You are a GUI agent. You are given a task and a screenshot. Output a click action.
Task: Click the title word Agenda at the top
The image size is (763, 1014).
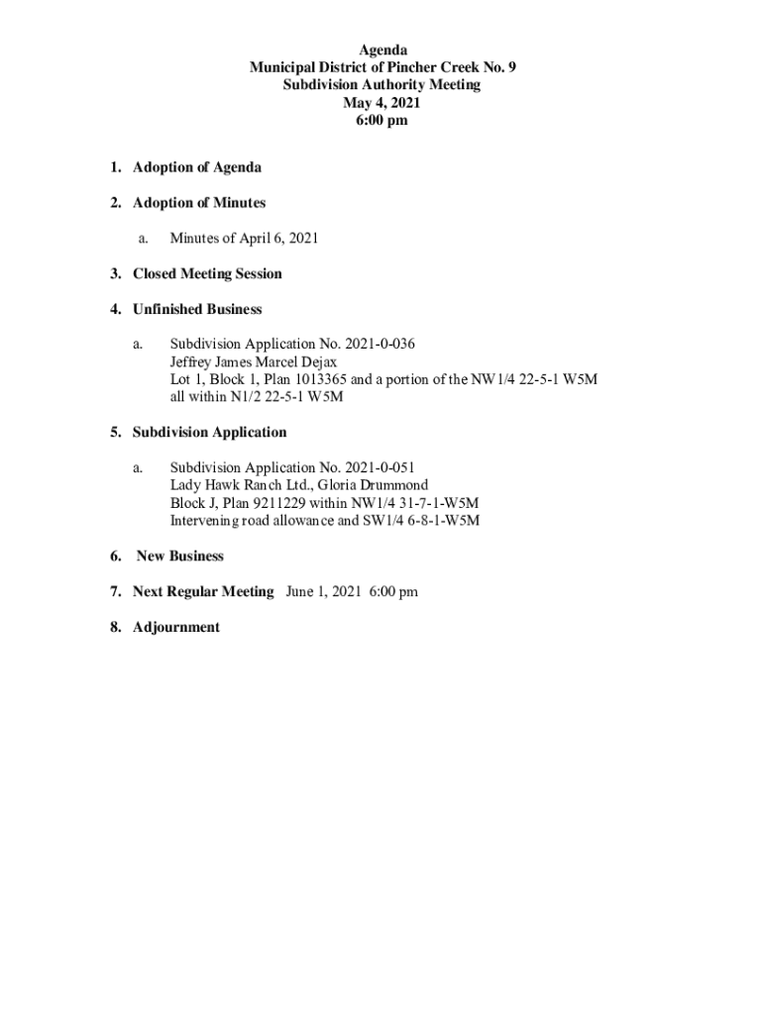[381, 50]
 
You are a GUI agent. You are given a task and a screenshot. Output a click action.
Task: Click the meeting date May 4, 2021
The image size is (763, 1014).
[381, 103]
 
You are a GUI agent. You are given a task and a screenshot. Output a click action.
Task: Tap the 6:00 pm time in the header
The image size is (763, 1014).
[381, 121]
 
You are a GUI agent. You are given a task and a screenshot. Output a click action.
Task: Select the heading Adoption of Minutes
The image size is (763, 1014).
[199, 203]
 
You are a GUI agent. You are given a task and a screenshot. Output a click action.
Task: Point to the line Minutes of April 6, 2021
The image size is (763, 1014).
[244, 239]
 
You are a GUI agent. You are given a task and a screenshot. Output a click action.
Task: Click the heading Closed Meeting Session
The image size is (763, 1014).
[207, 274]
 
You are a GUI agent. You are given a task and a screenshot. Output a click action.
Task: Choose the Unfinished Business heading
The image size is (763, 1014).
[197, 310]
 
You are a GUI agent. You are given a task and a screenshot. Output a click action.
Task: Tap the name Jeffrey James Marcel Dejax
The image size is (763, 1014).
[253, 362]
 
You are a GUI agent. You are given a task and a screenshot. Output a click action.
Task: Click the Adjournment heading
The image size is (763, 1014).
[176, 628]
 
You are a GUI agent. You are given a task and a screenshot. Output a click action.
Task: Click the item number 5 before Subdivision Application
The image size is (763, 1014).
[116, 433]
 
